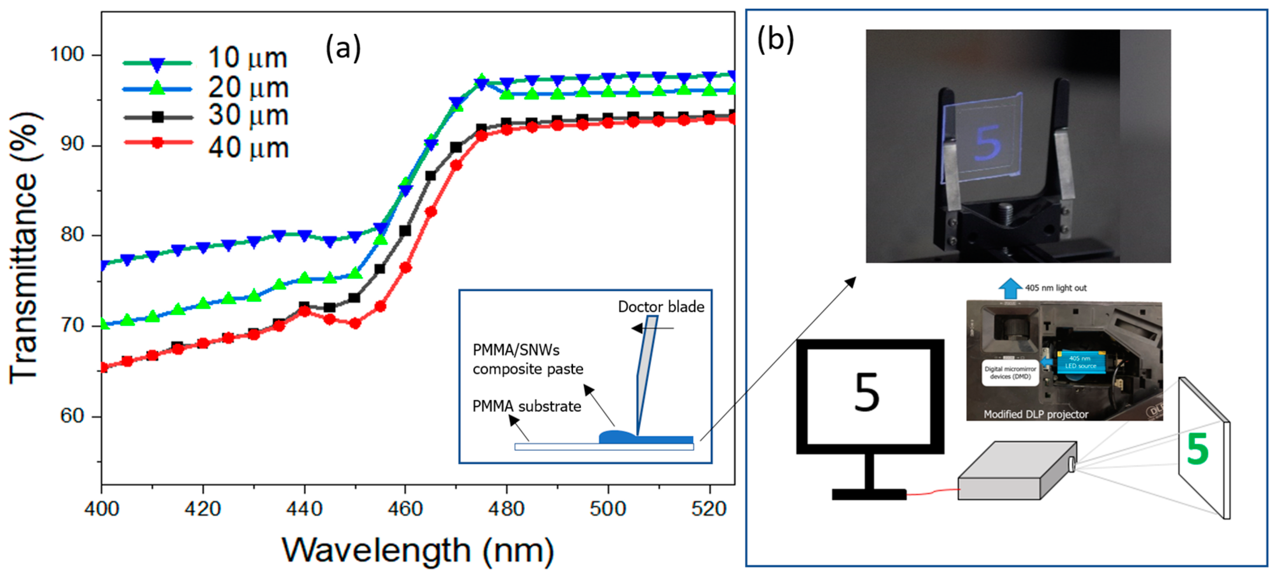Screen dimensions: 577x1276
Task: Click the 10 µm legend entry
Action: (x=248, y=58)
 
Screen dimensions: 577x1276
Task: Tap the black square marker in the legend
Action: (x=157, y=117)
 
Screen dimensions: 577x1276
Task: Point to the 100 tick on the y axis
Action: (x=68, y=54)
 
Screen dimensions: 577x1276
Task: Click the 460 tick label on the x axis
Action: (x=405, y=508)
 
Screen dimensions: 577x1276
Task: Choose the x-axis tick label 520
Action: (x=709, y=508)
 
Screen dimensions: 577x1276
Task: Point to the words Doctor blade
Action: (x=661, y=307)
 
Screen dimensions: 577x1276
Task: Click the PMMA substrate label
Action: (x=527, y=406)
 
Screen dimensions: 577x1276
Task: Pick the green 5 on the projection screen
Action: (x=1198, y=449)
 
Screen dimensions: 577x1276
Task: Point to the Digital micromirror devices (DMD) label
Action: (x=1010, y=373)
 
